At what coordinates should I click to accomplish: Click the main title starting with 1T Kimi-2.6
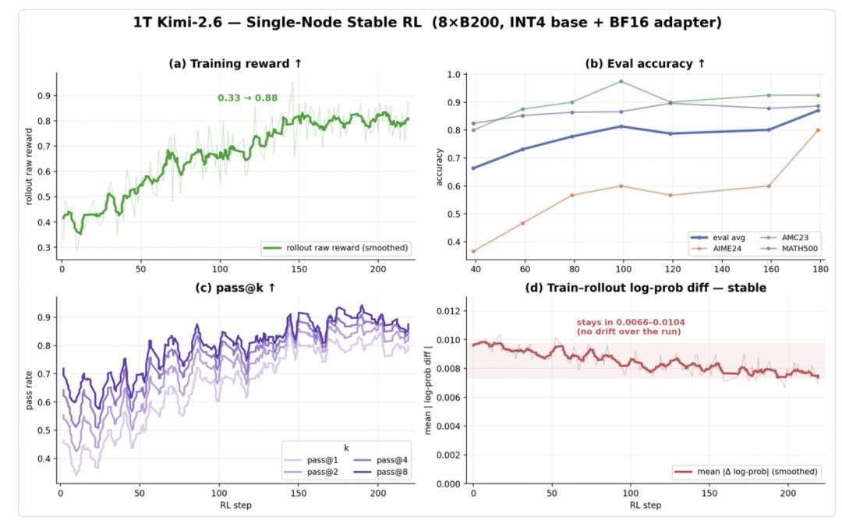click(427, 23)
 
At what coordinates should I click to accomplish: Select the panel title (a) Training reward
click(235, 63)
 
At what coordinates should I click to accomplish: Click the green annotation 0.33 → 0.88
click(248, 97)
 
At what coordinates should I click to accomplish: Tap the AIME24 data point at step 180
click(819, 130)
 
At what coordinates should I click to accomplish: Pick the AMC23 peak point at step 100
click(621, 82)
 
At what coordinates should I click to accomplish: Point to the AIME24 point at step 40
click(474, 251)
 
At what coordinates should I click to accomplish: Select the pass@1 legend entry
click(311, 460)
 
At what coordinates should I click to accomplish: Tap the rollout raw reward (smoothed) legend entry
click(335, 248)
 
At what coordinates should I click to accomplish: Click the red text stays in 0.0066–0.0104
click(631, 322)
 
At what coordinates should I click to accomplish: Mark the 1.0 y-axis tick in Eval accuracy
click(454, 74)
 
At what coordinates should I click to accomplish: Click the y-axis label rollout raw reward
click(29, 166)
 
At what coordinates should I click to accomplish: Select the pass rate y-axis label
click(29, 391)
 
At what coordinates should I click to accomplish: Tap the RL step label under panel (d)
click(645, 505)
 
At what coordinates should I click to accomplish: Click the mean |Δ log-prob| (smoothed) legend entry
click(746, 472)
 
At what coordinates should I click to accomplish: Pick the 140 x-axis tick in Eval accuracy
click(721, 269)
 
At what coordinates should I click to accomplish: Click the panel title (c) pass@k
click(235, 288)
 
